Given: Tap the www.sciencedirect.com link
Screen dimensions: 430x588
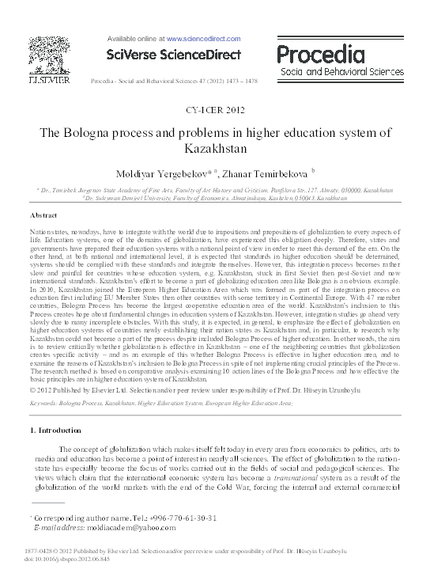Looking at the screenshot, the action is pos(187,37).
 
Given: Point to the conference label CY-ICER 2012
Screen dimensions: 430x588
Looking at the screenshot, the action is pos(214,111).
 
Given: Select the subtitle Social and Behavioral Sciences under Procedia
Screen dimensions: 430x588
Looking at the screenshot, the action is pos(341,72).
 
